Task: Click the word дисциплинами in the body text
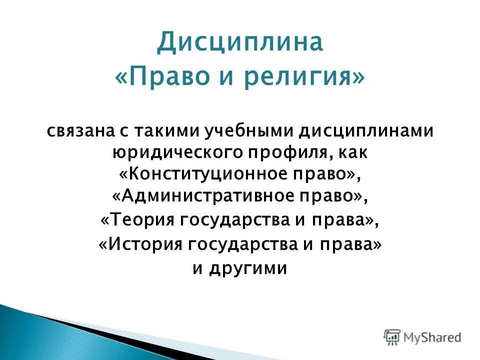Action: pyautogui.click(x=366, y=131)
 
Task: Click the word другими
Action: pyautogui.click(x=248, y=268)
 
